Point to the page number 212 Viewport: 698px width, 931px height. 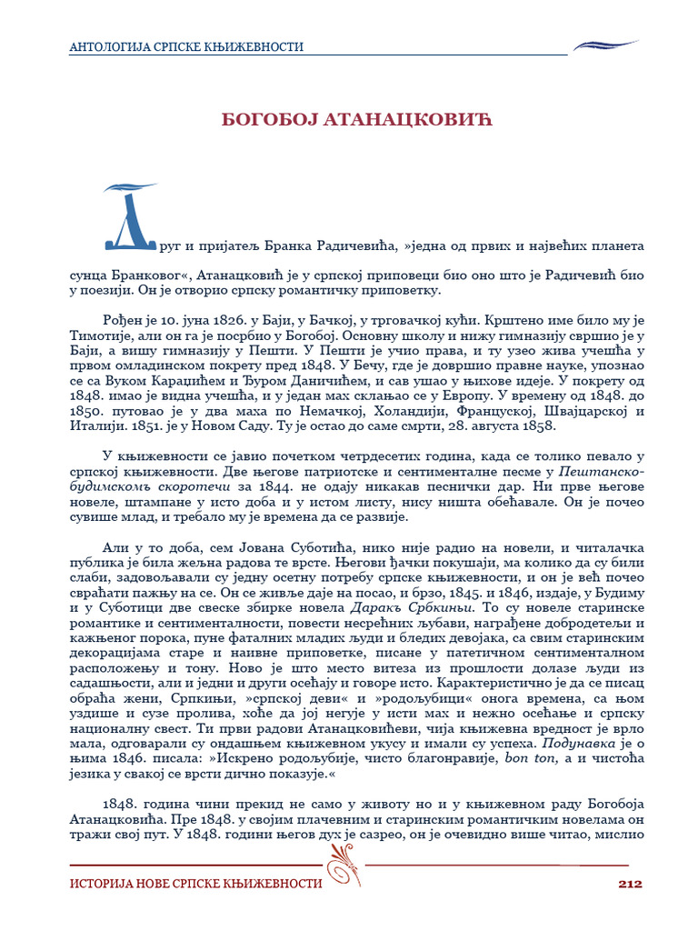[x=630, y=883]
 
